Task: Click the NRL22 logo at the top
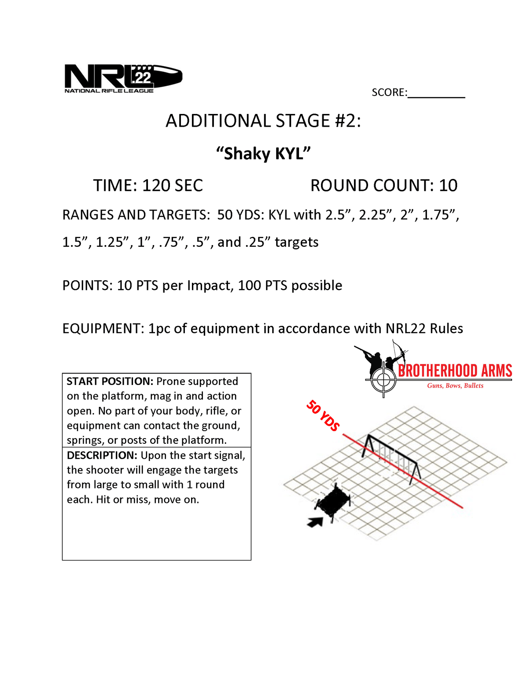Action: point(123,79)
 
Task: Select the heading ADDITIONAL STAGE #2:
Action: point(263,121)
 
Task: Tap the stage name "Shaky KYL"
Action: point(263,154)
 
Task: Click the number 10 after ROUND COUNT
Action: point(448,185)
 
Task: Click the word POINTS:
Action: point(88,285)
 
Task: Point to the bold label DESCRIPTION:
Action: point(102,455)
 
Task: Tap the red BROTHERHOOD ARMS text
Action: point(455,371)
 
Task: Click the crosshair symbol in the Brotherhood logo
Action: point(383,379)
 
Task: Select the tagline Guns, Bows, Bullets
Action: point(455,386)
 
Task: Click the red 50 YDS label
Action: point(323,415)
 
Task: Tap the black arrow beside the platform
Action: point(315,521)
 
